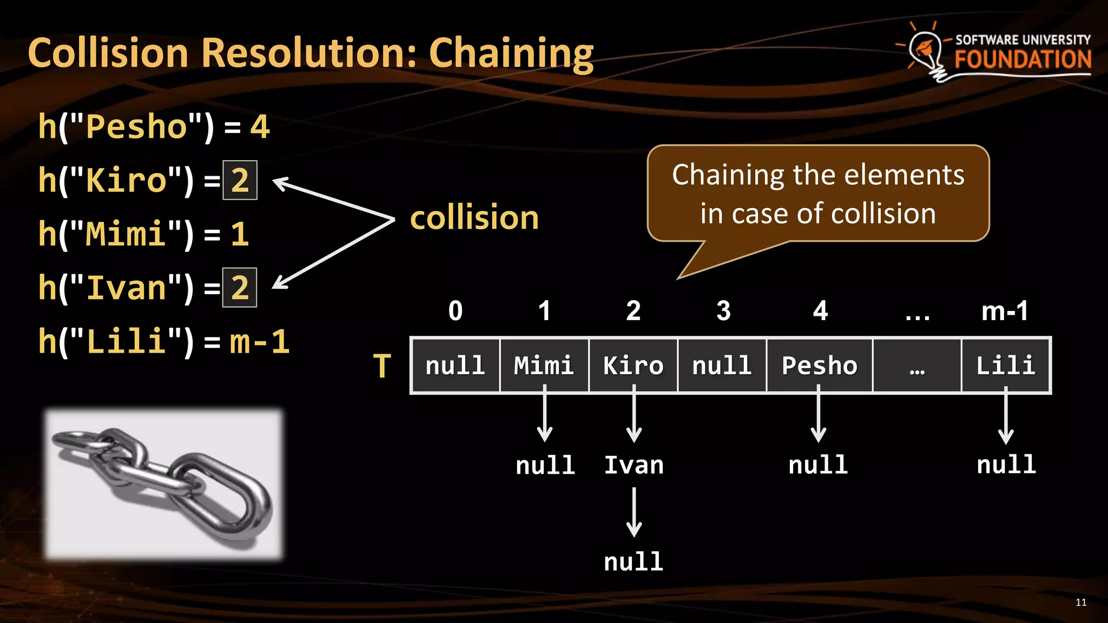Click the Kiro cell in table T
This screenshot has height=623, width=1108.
click(x=633, y=366)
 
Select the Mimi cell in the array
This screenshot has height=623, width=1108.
click(x=544, y=366)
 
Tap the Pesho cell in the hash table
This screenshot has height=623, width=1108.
click(x=819, y=366)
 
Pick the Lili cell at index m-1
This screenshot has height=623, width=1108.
click(x=1006, y=366)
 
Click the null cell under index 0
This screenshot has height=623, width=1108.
click(x=455, y=366)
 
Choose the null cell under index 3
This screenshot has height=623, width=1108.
click(x=722, y=366)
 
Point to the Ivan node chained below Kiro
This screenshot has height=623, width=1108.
click(x=634, y=465)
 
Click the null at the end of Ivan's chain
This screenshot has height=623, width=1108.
click(x=634, y=562)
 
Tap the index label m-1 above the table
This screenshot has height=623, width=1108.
click(x=1005, y=311)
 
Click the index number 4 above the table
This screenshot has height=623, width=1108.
click(x=820, y=311)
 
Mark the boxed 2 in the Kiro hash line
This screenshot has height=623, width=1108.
click(x=240, y=180)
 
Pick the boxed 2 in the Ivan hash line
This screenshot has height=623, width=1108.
click(x=240, y=287)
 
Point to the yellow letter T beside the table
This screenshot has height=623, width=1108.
click(x=382, y=366)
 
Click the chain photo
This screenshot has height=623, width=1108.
click(x=163, y=483)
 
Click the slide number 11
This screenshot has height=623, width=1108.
click(x=1081, y=602)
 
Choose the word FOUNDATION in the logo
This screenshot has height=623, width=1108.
click(x=1023, y=59)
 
